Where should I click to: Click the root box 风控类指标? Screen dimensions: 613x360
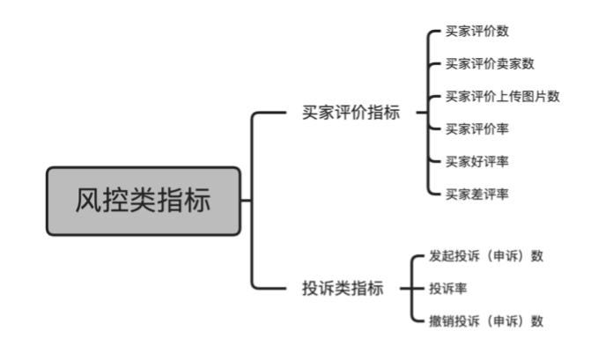143,201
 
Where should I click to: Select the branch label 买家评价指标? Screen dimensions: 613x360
351,113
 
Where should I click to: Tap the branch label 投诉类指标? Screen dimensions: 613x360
343,289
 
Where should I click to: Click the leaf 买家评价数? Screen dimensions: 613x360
477,32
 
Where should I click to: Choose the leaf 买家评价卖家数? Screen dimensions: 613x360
490,63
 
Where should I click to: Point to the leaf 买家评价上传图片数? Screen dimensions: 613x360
503,96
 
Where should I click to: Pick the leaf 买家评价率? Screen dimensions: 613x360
477,129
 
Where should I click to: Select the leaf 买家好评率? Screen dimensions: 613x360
477,161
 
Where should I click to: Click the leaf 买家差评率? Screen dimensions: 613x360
477,194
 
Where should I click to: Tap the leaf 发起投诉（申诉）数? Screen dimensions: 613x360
486,256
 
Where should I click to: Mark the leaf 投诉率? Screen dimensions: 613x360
448,289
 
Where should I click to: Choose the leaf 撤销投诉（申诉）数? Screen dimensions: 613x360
486,321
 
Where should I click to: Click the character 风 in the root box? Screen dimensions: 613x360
88,201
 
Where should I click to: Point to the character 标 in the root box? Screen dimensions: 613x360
197,201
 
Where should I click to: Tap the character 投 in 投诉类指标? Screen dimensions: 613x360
310,289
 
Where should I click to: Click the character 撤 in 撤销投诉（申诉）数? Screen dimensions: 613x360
435,321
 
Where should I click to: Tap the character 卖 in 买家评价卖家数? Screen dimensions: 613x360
502,63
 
